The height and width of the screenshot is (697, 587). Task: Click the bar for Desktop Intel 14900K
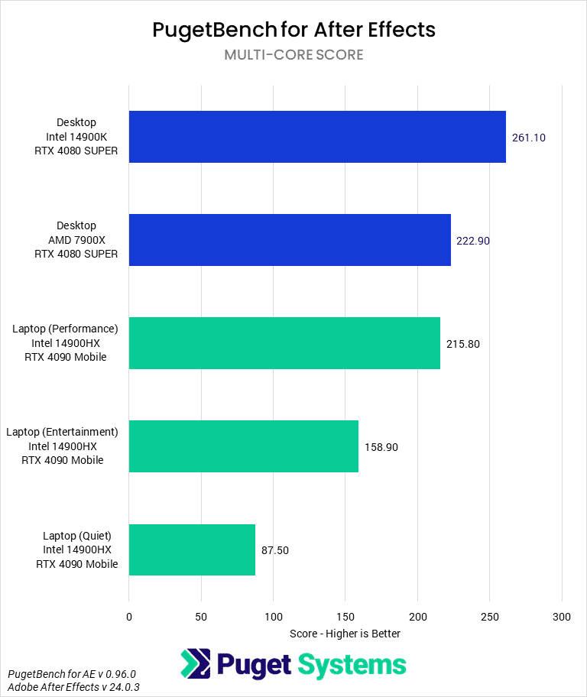pyautogui.click(x=317, y=137)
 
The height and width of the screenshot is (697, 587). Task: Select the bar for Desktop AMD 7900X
pyautogui.click(x=290, y=240)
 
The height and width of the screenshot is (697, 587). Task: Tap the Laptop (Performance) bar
pyautogui.click(x=284, y=343)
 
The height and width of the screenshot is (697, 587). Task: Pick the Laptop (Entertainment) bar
pyautogui.click(x=243, y=446)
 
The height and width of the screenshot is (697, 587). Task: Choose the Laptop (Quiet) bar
pyautogui.click(x=192, y=549)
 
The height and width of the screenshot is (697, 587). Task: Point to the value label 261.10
pyautogui.click(x=529, y=138)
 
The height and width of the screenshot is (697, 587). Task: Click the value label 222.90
pyautogui.click(x=473, y=241)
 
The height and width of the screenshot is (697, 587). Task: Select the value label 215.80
pyautogui.click(x=463, y=344)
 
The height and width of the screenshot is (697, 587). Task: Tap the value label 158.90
pyautogui.click(x=381, y=447)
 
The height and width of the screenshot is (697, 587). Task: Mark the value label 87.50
pyautogui.click(x=275, y=550)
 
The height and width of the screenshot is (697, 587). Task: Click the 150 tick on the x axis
pyautogui.click(x=345, y=616)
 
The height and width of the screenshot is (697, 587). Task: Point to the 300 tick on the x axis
pyautogui.click(x=562, y=616)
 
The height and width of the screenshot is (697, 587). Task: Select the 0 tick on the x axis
pyautogui.click(x=129, y=616)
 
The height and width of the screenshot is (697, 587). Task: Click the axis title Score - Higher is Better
pyautogui.click(x=345, y=634)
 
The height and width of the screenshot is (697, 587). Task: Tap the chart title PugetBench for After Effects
pyautogui.click(x=293, y=30)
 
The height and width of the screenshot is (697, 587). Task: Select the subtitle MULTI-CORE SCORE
pyautogui.click(x=293, y=55)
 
